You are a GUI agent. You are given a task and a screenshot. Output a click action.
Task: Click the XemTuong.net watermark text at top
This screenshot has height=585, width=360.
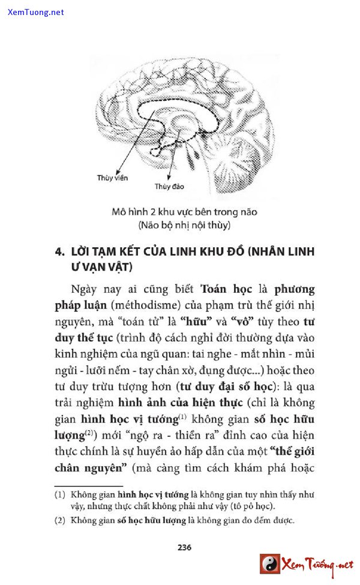pos(36,12)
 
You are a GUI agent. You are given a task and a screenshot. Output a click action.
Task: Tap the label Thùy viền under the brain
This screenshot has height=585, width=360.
pos(112,178)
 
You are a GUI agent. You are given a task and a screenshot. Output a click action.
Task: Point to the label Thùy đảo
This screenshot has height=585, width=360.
pos(169,187)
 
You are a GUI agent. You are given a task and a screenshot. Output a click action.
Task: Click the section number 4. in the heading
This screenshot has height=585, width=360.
pos(59,252)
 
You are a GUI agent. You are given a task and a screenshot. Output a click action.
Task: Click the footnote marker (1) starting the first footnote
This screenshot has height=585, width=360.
pos(59,495)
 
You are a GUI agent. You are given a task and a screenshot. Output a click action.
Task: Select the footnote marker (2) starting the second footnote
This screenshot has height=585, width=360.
pos(59,521)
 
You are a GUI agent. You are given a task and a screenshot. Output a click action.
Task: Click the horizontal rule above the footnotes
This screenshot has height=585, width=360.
pos(88,486)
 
